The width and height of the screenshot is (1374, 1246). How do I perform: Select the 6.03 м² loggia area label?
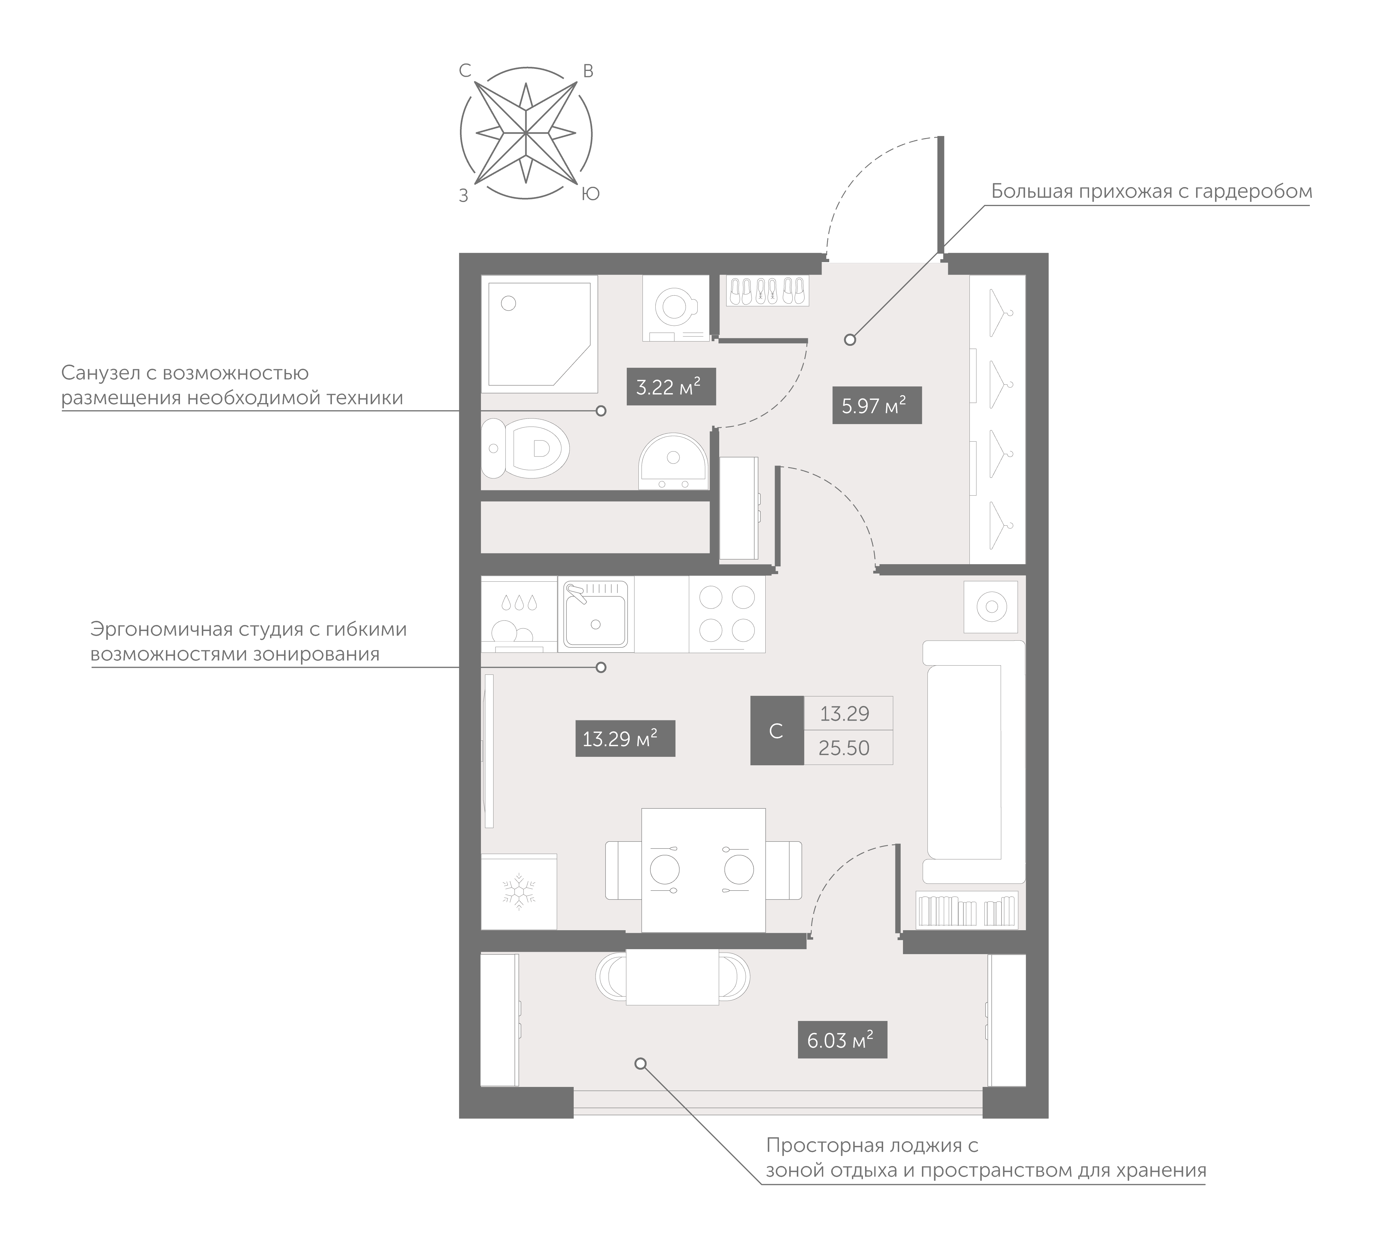(842, 1040)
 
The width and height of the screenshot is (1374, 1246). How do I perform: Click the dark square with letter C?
(776, 731)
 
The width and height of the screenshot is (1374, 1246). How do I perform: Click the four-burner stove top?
(727, 614)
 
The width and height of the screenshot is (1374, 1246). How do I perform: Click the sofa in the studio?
(973, 762)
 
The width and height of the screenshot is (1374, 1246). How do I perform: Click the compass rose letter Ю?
(591, 194)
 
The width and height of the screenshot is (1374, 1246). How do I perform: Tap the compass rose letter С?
(465, 70)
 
